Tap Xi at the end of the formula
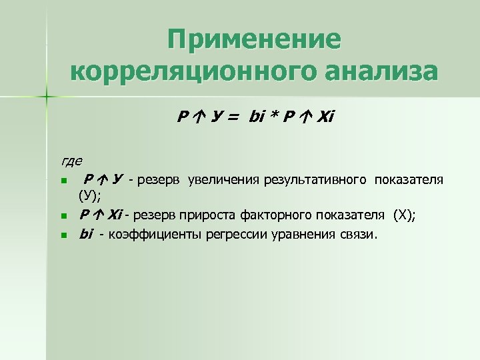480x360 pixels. (323, 118)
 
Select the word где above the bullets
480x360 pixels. (71, 161)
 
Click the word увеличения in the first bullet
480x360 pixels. (224, 179)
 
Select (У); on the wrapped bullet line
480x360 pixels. (89, 196)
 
